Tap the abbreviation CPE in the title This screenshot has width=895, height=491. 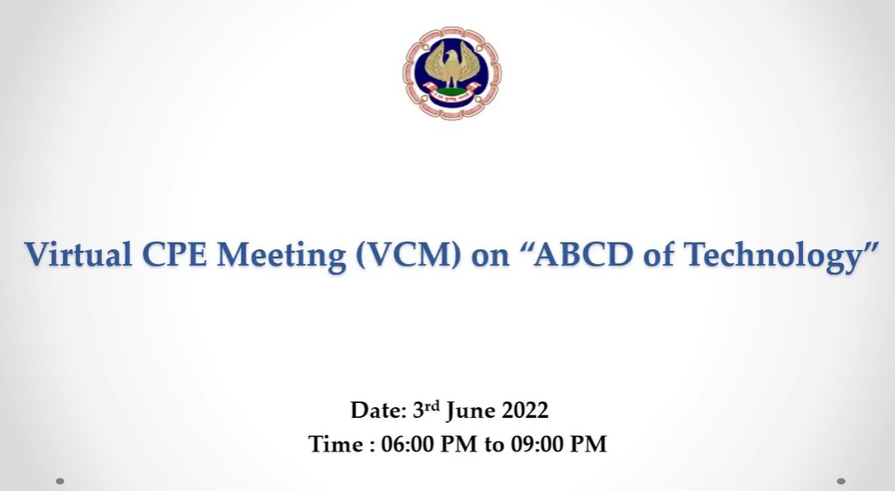click(x=174, y=254)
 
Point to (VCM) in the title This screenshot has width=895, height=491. click(x=407, y=255)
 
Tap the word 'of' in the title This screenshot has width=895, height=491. click(x=658, y=254)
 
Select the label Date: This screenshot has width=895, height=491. click(x=378, y=410)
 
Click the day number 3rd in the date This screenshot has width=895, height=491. click(x=426, y=409)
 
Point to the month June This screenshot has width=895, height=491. click(x=471, y=411)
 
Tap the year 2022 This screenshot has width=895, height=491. click(x=525, y=410)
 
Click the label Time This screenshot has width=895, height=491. click(x=335, y=443)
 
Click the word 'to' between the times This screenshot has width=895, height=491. click(x=494, y=445)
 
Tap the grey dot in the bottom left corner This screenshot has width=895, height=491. click(x=60, y=481)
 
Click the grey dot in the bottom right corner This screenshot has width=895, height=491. click(x=840, y=481)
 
